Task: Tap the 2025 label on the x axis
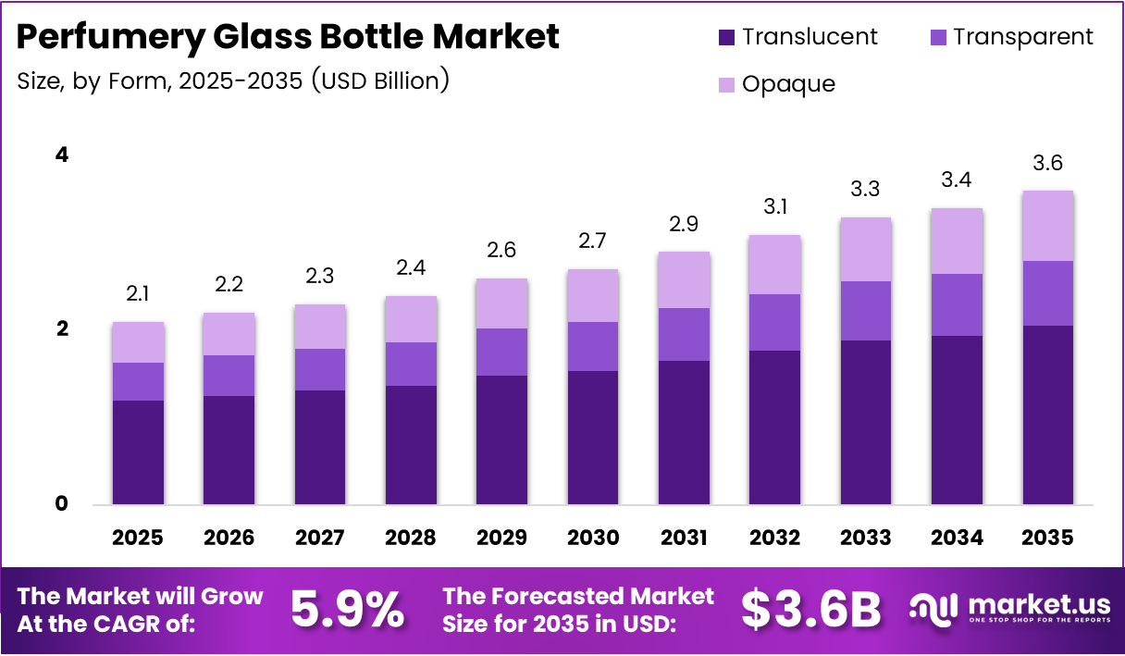click(x=138, y=538)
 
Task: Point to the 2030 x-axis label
click(x=593, y=538)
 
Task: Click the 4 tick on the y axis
click(x=61, y=155)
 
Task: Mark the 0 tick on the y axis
click(x=61, y=503)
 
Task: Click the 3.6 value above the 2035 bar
click(x=1048, y=164)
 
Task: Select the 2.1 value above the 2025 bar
click(x=138, y=295)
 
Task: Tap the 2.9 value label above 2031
click(x=684, y=225)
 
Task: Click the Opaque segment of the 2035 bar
click(x=1048, y=226)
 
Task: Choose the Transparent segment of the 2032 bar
click(x=774, y=322)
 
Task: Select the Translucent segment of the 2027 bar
click(x=320, y=448)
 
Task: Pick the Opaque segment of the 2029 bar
click(x=501, y=303)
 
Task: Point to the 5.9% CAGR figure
click(x=347, y=609)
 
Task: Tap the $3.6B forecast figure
click(x=811, y=609)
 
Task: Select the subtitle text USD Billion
click(x=379, y=80)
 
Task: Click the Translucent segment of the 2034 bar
click(x=957, y=420)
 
